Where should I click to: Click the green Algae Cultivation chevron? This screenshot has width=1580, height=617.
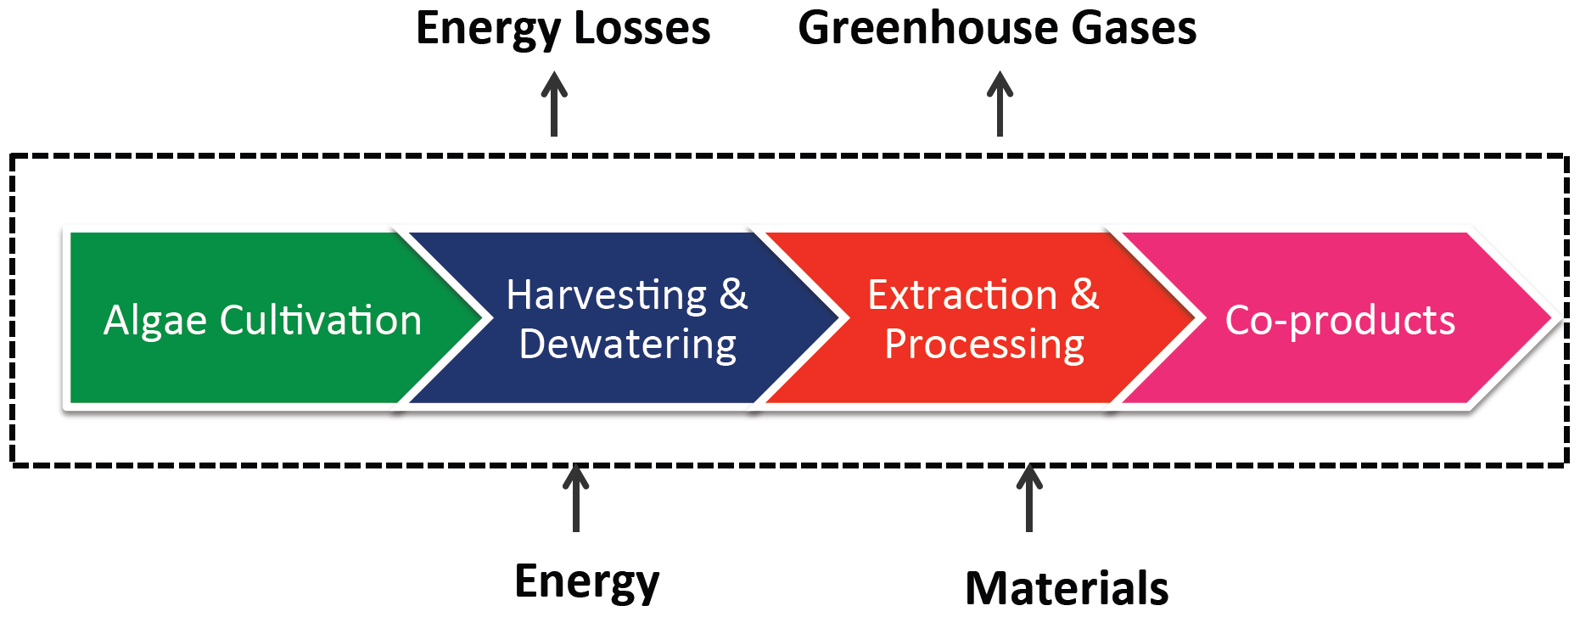[255, 318]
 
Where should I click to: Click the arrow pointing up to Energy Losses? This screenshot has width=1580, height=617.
[554, 104]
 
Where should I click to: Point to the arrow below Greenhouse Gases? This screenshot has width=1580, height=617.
[1000, 104]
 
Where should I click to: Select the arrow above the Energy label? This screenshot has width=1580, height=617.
[576, 498]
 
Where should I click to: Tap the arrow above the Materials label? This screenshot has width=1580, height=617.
[1029, 498]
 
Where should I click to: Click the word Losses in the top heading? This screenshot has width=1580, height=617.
[642, 28]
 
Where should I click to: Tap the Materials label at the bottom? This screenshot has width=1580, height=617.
[1067, 587]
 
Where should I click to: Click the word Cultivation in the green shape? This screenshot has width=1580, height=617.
[321, 320]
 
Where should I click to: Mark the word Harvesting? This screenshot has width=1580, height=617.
[607, 296]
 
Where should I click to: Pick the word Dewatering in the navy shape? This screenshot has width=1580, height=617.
[628, 345]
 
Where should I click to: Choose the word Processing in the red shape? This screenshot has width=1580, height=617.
[984, 345]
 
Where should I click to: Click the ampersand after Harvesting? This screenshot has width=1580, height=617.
[734, 294]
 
